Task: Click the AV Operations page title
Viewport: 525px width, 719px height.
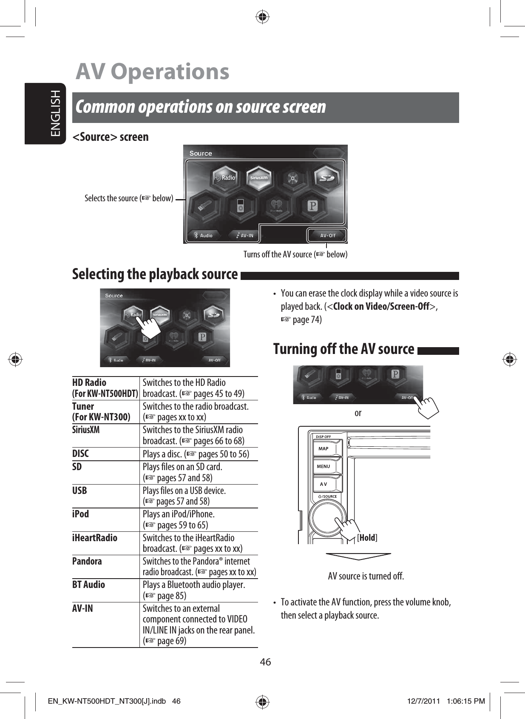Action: coord(152,71)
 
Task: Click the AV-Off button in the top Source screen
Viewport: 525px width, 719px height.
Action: coord(327,235)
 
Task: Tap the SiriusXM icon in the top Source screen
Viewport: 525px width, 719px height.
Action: coord(258,177)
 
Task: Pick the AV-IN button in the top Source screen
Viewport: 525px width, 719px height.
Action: coord(244,235)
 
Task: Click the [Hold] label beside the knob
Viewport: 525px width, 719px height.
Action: coord(368,537)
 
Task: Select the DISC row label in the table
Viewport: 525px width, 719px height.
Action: coord(81,454)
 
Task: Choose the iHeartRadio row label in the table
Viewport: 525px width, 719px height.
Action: coord(95,538)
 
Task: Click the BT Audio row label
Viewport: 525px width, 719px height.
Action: coord(88,585)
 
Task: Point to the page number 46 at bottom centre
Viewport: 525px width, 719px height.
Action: coord(265,662)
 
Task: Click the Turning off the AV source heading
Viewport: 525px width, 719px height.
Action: coord(343,349)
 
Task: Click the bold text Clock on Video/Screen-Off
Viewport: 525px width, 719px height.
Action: coord(381,306)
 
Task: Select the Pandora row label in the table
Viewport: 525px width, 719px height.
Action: coord(87,561)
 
